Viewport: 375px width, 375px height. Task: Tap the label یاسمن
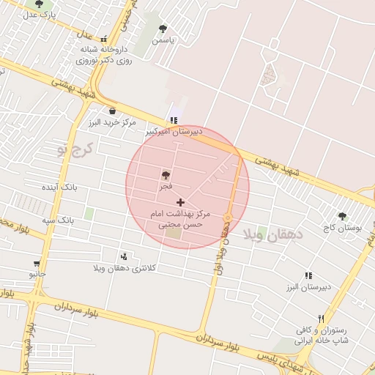pos(163,41)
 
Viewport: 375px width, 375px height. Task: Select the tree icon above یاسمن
pos(163,29)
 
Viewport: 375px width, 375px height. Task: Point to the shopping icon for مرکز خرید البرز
pos(111,111)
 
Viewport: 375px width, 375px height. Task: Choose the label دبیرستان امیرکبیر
pos(171,131)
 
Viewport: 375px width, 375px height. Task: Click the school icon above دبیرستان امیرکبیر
pos(173,120)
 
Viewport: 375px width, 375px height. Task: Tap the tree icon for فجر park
pos(166,176)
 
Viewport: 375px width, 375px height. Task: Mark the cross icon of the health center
pos(181,201)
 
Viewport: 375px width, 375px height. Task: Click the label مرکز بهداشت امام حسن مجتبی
pos(184,218)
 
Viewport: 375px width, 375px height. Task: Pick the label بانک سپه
pos(58,219)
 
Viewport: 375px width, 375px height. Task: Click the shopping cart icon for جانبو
pos(37,264)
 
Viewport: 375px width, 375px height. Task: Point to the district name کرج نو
pos(75,149)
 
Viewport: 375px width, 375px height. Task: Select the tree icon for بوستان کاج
pos(342,217)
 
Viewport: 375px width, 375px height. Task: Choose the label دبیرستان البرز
pos(309,286)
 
